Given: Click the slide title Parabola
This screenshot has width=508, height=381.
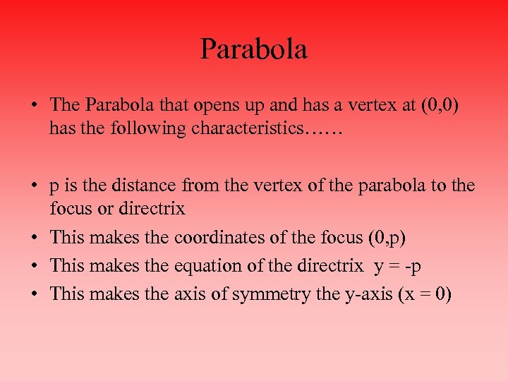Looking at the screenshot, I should tap(254, 50).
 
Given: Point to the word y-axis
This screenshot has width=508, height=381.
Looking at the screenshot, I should tap(359, 294).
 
